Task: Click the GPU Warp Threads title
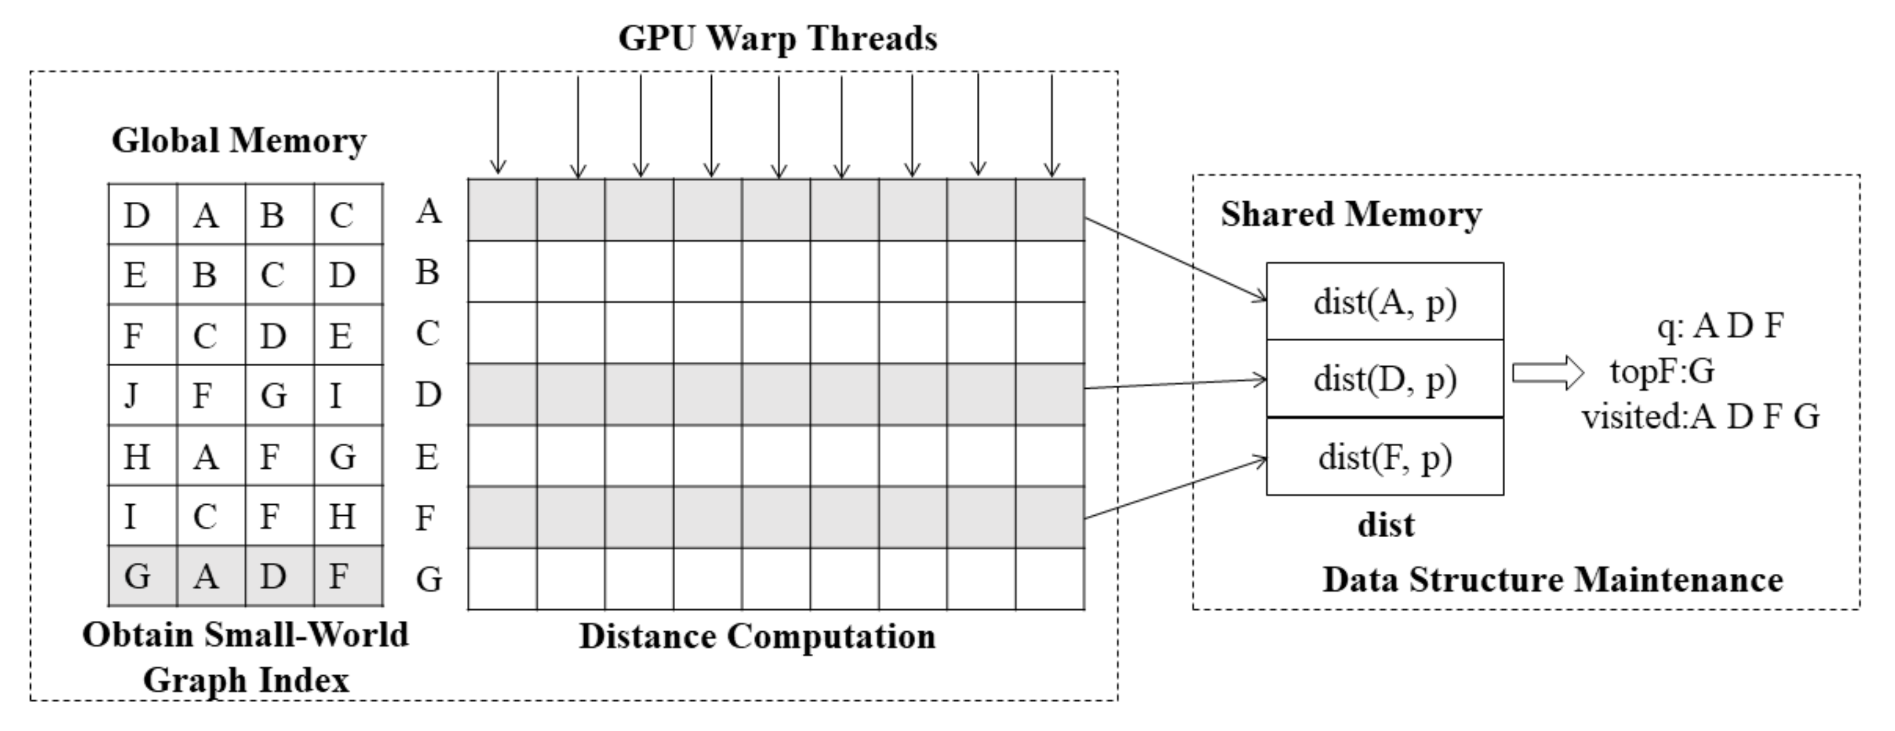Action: [x=778, y=38]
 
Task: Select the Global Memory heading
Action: [x=239, y=140]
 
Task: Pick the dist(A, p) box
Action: [x=1385, y=302]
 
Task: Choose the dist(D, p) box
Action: [x=1385, y=379]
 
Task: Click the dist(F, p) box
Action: [x=1385, y=457]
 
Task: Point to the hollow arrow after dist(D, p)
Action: [x=1547, y=372]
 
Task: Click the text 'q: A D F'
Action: [x=1720, y=325]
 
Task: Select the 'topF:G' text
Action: [x=1662, y=372]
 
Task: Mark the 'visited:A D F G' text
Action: [x=1701, y=417]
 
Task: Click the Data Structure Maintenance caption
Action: [x=1552, y=580]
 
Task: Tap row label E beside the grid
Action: [x=427, y=457]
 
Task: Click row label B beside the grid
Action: [x=427, y=272]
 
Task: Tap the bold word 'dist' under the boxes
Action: [x=1385, y=526]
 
